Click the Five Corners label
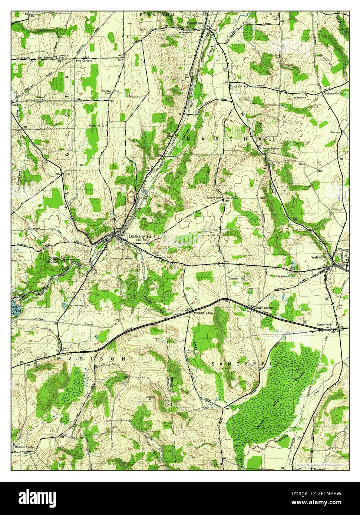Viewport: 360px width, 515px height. tap(84, 60)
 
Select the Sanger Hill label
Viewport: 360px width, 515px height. tap(237, 278)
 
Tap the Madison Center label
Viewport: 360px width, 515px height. tap(24, 447)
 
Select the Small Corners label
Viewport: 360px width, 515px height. tap(239, 86)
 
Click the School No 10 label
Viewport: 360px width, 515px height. tap(97, 126)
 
